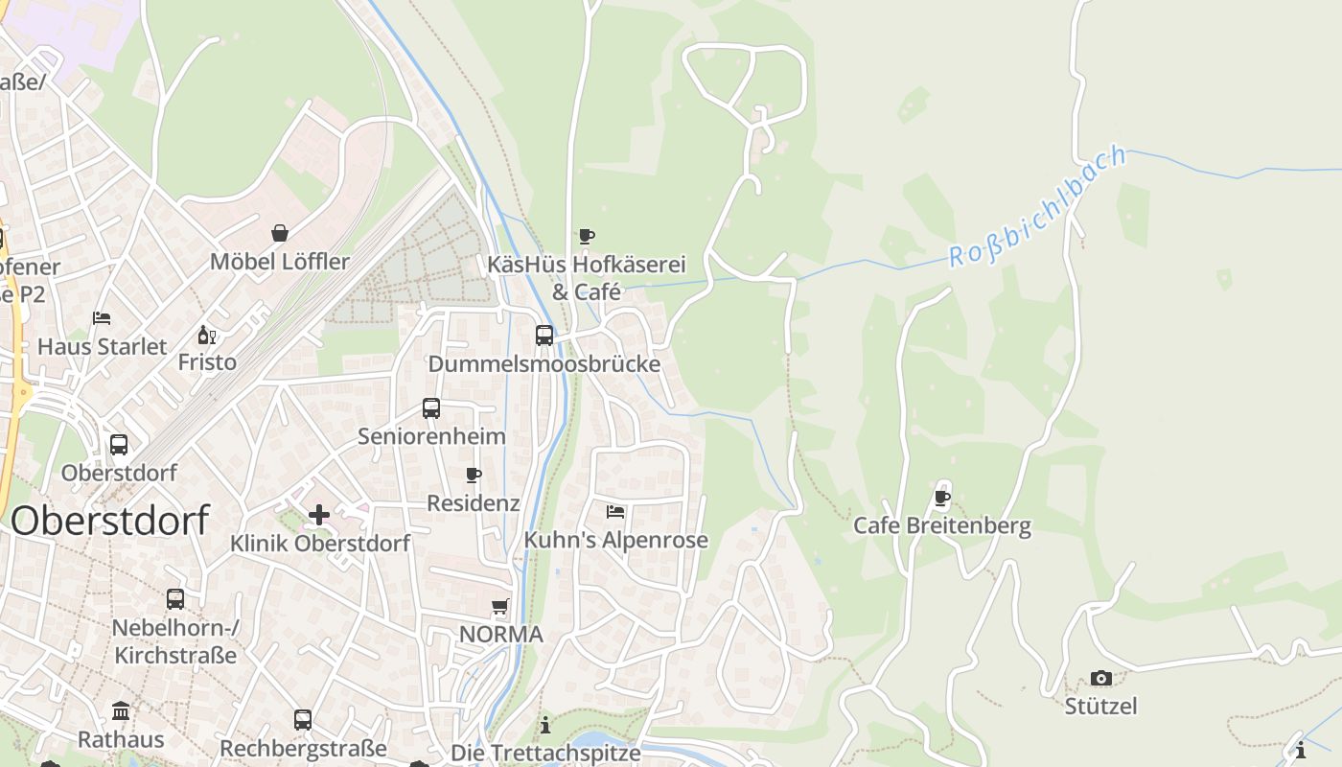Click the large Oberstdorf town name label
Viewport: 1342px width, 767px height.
click(x=110, y=521)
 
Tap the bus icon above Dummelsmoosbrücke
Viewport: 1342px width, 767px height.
click(x=544, y=336)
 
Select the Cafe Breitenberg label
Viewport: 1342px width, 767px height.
click(x=942, y=525)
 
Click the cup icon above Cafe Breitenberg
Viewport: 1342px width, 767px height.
click(x=942, y=498)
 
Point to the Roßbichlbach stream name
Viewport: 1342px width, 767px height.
click(x=1037, y=208)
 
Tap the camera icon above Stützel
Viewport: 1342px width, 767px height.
click(x=1100, y=679)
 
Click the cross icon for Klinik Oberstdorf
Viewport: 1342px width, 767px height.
click(x=319, y=515)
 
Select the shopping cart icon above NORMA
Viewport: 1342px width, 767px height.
click(x=499, y=606)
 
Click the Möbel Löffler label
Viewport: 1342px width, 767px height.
click(x=280, y=262)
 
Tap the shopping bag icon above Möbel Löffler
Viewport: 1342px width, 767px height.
click(x=280, y=233)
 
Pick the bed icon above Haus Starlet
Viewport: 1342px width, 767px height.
click(x=102, y=318)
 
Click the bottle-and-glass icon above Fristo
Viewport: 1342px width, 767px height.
click(x=206, y=335)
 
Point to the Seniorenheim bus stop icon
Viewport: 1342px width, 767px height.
click(x=431, y=408)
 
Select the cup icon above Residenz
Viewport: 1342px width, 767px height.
click(x=473, y=475)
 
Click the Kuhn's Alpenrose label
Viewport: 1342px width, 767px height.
click(x=615, y=540)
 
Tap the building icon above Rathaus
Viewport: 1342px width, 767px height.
click(x=121, y=711)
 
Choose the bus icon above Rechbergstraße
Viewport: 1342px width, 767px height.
click(x=303, y=719)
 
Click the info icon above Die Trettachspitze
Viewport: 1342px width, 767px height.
click(x=545, y=725)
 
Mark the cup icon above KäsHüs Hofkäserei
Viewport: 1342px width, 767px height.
click(x=587, y=236)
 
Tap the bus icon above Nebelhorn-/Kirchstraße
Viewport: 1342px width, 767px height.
click(x=175, y=599)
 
